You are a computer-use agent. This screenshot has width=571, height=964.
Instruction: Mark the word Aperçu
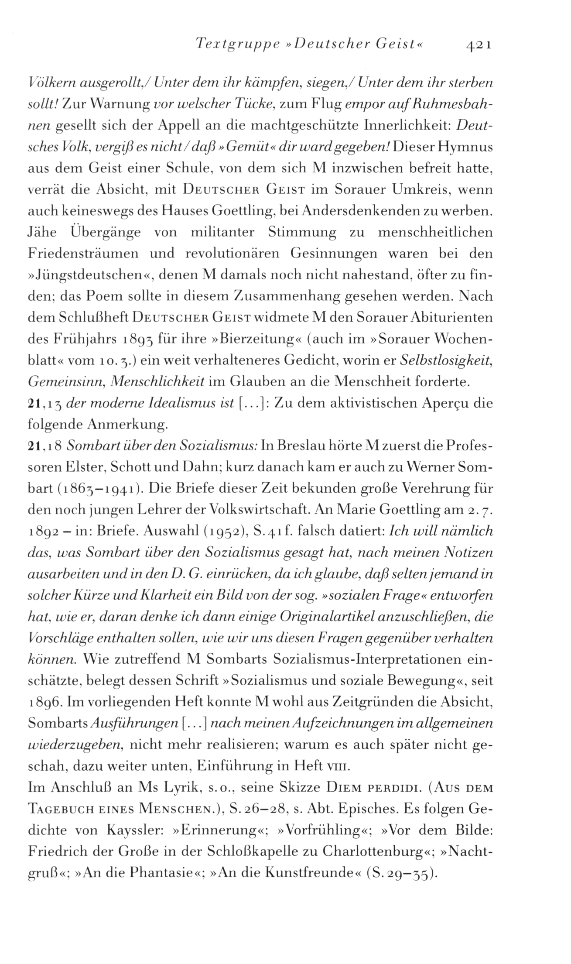446,402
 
